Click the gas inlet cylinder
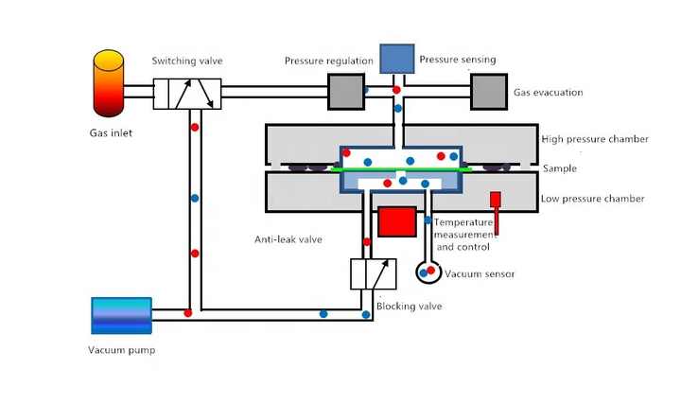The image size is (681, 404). point(109,85)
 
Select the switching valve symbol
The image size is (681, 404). point(187,93)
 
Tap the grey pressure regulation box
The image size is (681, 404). point(346,92)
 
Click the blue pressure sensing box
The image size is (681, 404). point(396,59)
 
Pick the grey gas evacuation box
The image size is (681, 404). point(489,92)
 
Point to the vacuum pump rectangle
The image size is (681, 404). point(121,315)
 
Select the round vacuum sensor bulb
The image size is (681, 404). point(427,272)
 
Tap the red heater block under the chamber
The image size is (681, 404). point(397,220)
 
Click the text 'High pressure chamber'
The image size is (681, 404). point(595,139)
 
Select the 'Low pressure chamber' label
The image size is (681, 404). point(593,199)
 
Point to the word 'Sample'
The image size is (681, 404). point(559,168)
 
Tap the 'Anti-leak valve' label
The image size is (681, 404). point(288,239)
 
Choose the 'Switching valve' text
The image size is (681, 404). point(187,61)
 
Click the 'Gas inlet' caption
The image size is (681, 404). point(104,132)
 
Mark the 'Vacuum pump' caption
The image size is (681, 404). point(123,350)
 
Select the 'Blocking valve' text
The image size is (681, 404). point(409,307)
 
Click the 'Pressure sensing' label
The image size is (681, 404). point(458,60)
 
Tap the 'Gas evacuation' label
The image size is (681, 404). point(549,93)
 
